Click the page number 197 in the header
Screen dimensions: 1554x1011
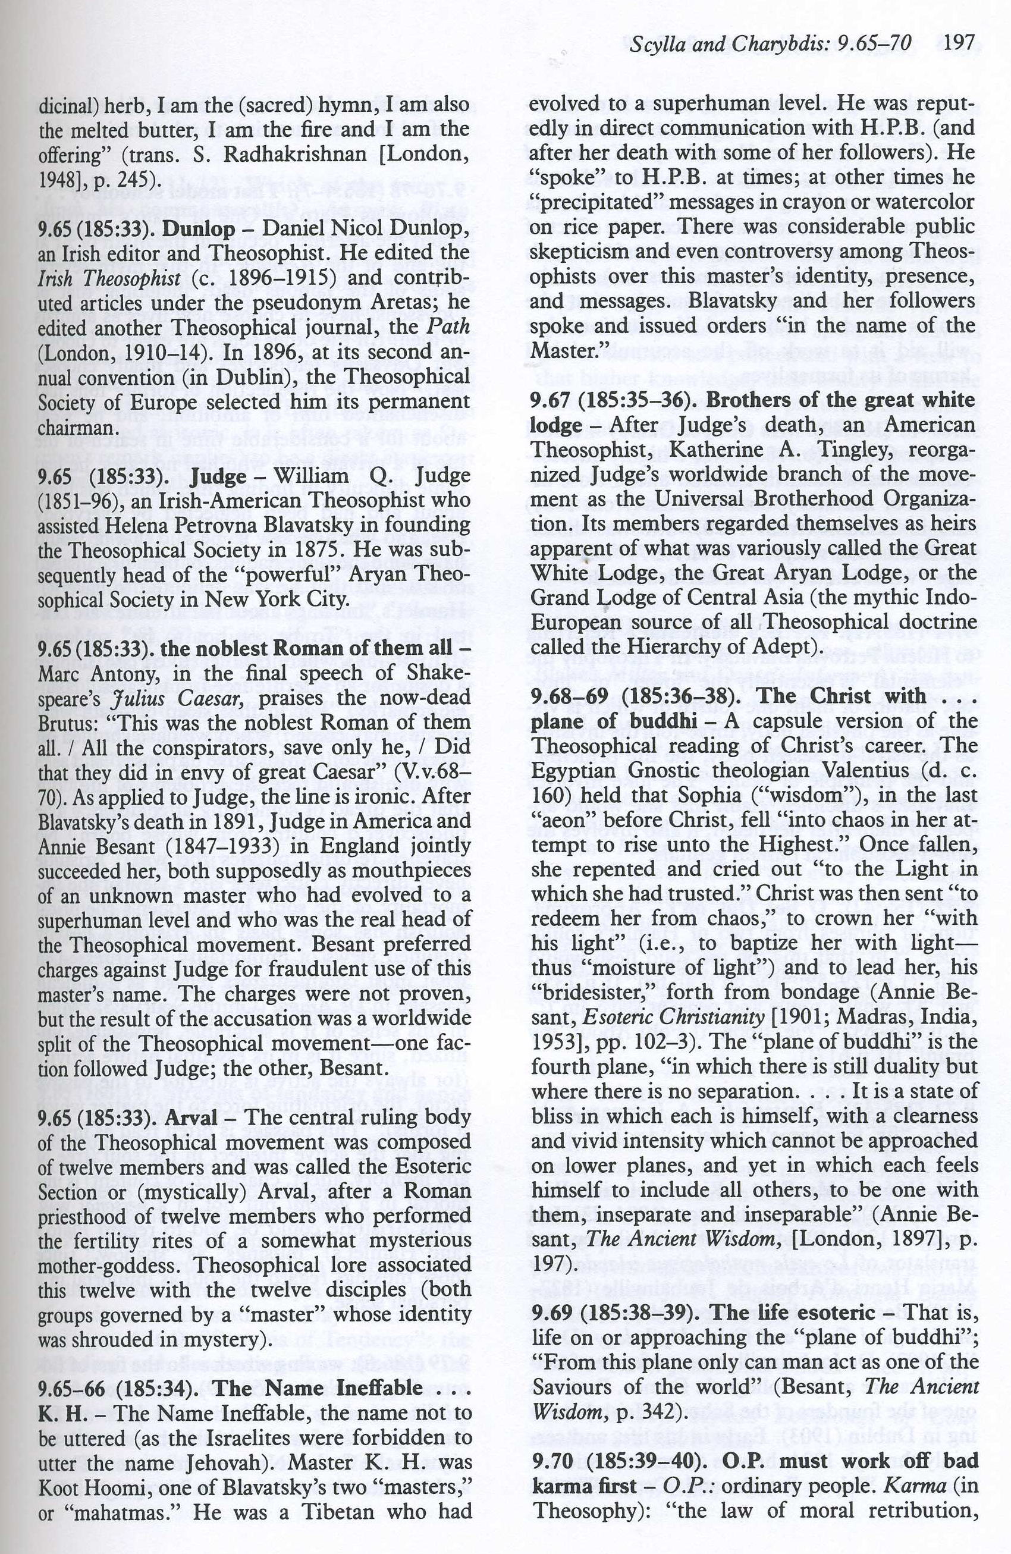pyautogui.click(x=959, y=43)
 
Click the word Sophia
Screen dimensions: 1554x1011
pyautogui.click(x=745, y=795)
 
